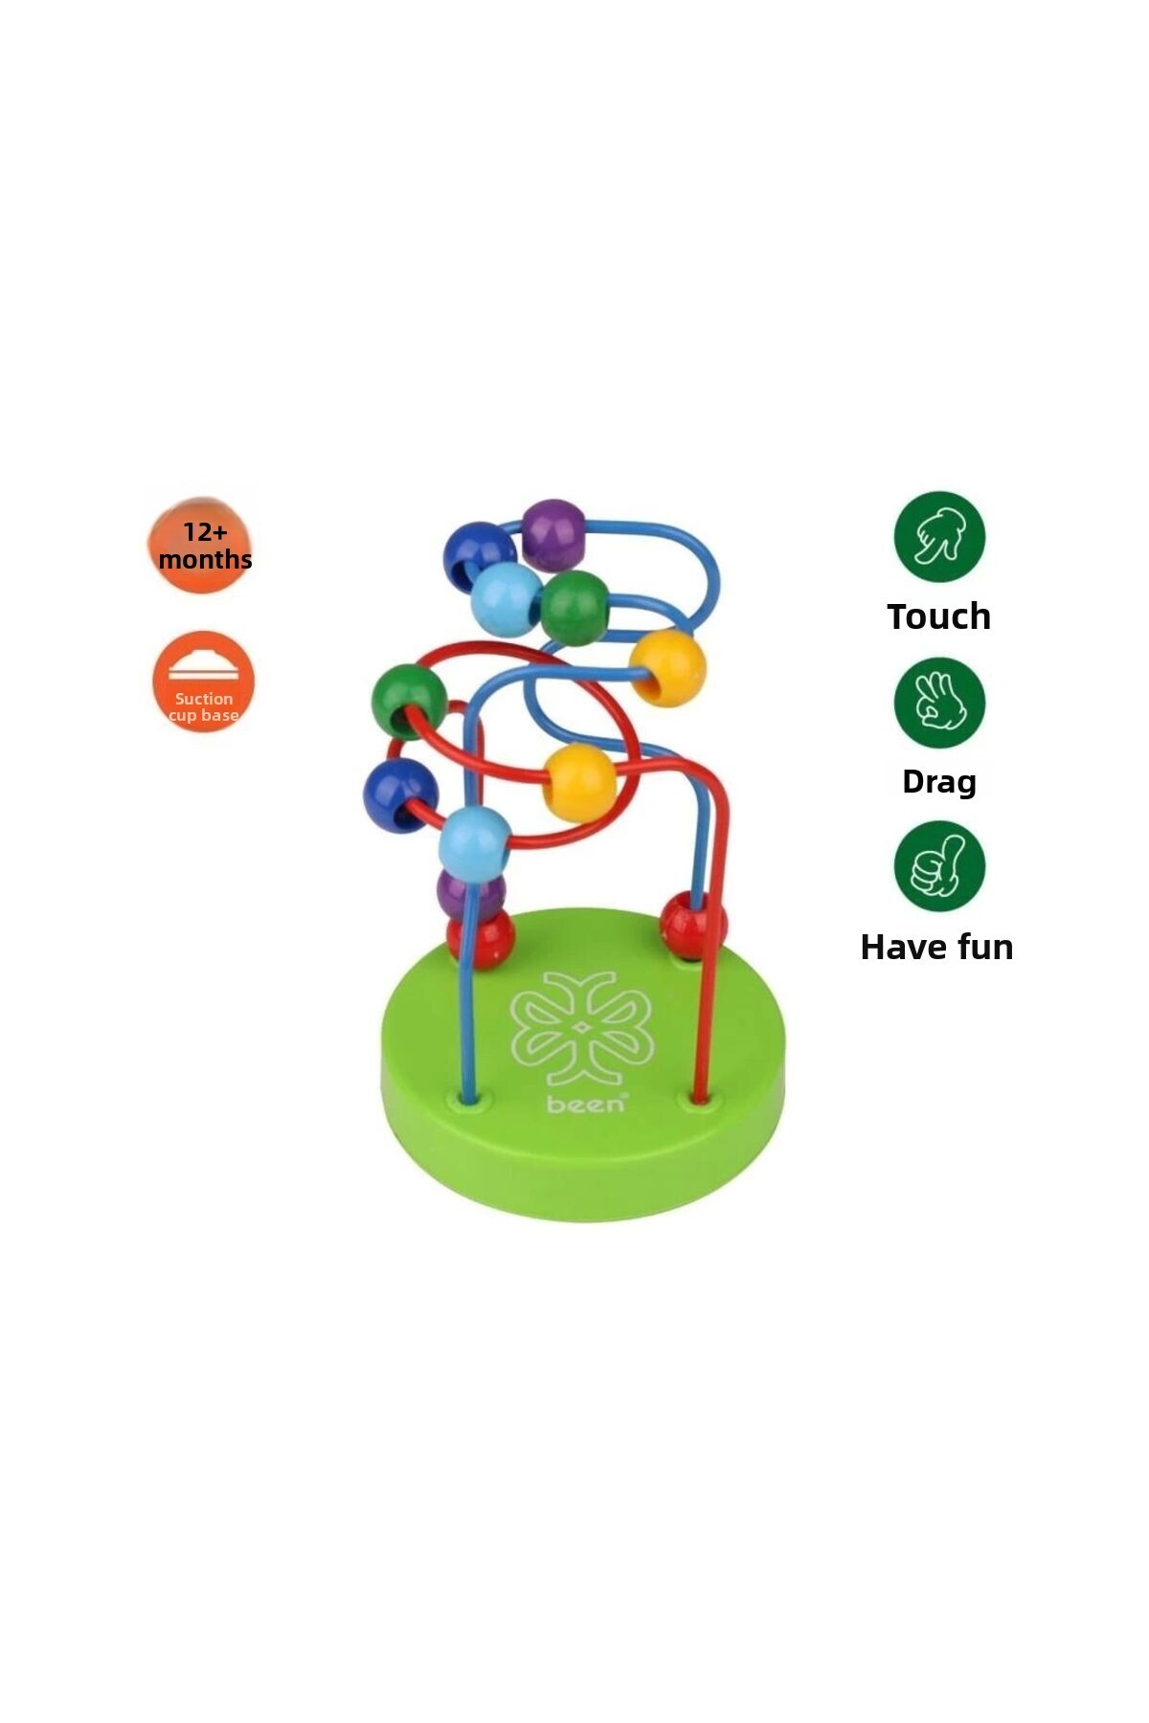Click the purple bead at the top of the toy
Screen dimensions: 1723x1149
[x=553, y=534]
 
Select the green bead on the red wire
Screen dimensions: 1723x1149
[x=409, y=701]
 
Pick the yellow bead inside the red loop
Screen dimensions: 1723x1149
[x=578, y=782]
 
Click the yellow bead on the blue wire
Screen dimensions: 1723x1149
[x=667, y=667]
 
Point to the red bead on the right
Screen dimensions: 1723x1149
[x=691, y=926]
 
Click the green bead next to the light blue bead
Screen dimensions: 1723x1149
[x=574, y=608]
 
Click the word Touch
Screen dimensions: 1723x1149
[x=938, y=616]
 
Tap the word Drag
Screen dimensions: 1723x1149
[x=938, y=781]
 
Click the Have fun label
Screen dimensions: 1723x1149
[x=936, y=947]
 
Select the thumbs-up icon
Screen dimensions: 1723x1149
[x=939, y=865]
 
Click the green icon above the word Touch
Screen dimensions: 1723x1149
[x=939, y=536]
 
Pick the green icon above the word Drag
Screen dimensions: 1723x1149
[x=939, y=702]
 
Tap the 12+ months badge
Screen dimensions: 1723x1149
[x=203, y=546]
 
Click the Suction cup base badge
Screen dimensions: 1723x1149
[x=203, y=682]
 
